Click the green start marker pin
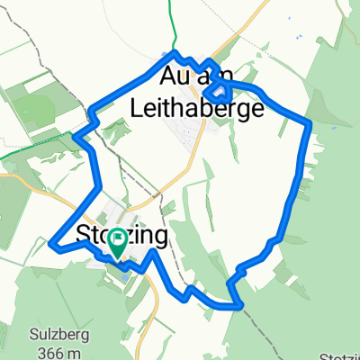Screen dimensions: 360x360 [117, 244]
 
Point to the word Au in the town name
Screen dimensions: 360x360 [178, 74]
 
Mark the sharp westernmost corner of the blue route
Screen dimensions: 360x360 [53, 244]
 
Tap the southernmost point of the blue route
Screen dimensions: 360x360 [239, 307]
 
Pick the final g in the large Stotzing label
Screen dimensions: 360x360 [160, 238]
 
